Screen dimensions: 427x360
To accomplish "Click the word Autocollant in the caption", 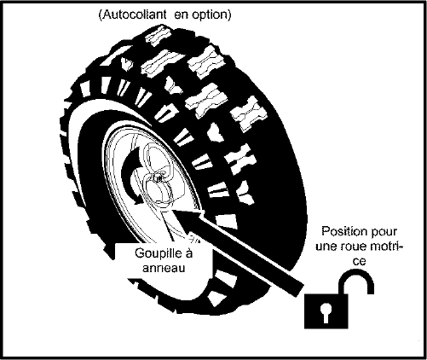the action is coord(135,15).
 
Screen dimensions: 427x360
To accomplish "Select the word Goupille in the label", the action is coord(158,253).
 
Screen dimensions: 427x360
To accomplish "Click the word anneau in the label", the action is coord(164,268).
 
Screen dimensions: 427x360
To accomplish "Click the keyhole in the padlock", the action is coord(326,312).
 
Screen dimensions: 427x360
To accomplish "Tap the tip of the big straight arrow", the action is coord(173,210).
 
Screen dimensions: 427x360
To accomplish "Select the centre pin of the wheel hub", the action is coord(158,177).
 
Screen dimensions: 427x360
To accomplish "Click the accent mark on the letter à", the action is coord(188,247).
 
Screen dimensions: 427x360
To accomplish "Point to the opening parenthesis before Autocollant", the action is coord(101,15).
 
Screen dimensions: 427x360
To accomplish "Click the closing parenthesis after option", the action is coord(228,15).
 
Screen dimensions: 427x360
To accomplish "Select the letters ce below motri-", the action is coord(359,261).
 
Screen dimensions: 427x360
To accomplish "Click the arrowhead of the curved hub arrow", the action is coord(139,199).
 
